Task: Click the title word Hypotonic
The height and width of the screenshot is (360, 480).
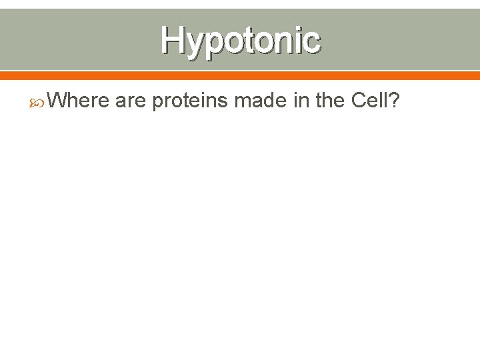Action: click(240, 39)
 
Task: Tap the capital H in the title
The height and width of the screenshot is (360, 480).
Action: click(171, 39)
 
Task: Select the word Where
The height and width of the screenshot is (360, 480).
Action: click(79, 101)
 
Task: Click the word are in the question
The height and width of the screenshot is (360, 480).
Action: click(130, 102)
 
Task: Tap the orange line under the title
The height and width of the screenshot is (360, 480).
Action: click(240, 74)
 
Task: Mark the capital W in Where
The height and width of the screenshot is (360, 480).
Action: click(59, 101)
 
